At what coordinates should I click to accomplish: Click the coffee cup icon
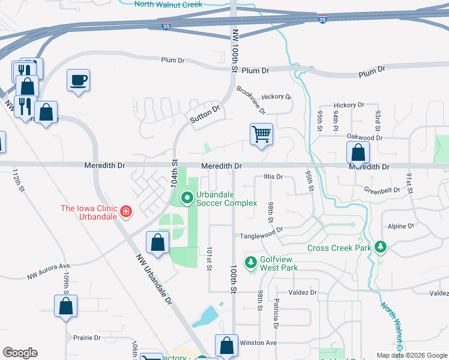pyautogui.click(x=79, y=80)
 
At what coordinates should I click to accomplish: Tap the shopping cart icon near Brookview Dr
pyautogui.click(x=261, y=134)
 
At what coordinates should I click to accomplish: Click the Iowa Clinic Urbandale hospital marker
pyautogui.click(x=126, y=211)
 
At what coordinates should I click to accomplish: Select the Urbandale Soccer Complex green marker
pyautogui.click(x=187, y=196)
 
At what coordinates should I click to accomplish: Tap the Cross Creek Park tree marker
pyautogui.click(x=379, y=247)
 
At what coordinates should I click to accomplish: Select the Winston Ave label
pyautogui.click(x=258, y=343)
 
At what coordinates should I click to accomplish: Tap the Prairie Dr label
pyautogui.click(x=86, y=338)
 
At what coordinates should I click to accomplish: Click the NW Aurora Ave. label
pyautogui.click(x=49, y=272)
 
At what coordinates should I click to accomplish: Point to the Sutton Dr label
pyautogui.click(x=205, y=115)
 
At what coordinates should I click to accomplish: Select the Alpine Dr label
pyautogui.click(x=400, y=227)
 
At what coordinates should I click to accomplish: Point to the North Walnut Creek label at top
pyautogui.click(x=169, y=4)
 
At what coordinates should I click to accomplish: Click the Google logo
pyautogui.click(x=20, y=353)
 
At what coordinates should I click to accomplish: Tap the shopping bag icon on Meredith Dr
pyautogui.click(x=358, y=153)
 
